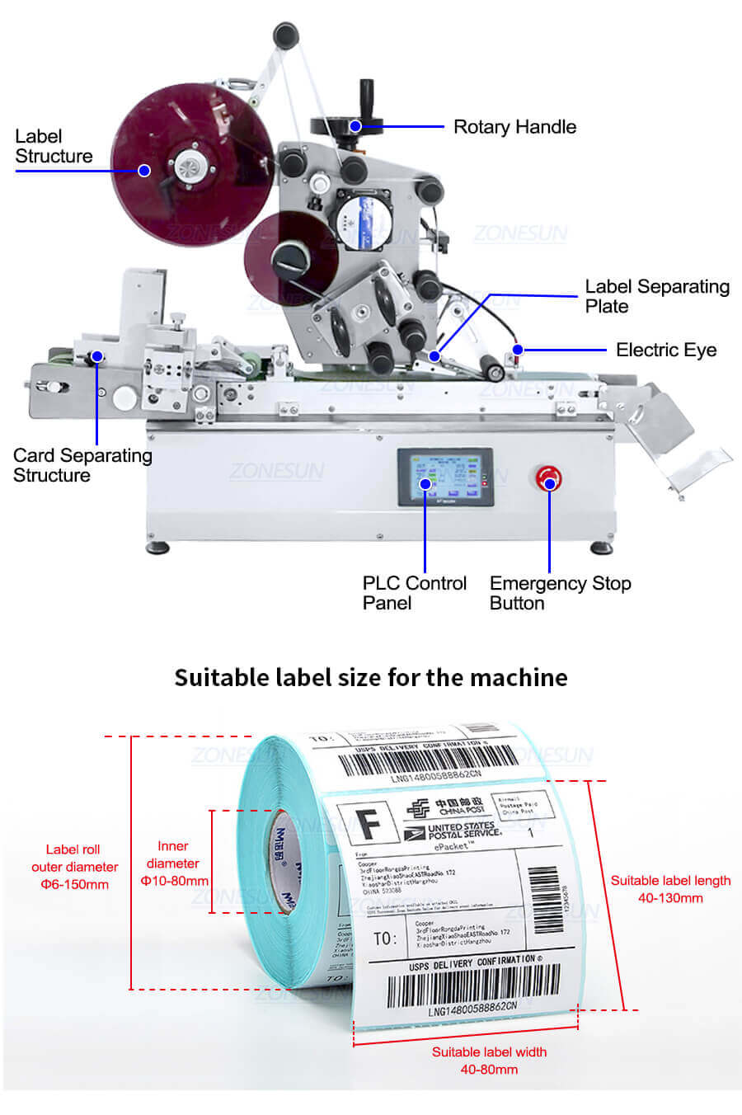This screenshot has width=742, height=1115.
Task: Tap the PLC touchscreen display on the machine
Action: tap(444, 478)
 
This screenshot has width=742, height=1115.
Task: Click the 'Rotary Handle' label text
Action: tap(514, 127)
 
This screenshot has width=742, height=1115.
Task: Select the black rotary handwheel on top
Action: tap(347, 125)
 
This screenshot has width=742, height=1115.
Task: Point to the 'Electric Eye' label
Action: tap(665, 350)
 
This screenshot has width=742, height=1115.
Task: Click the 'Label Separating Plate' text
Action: tap(656, 297)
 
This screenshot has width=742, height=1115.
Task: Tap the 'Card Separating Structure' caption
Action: tap(82, 465)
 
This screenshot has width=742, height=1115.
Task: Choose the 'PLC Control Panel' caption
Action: tap(414, 593)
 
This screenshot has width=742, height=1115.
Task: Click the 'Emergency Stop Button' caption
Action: tap(560, 593)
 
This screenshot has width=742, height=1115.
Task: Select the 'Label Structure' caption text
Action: tap(54, 147)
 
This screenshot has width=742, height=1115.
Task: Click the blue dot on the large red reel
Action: tap(144, 171)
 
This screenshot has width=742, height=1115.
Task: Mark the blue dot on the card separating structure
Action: tap(97, 356)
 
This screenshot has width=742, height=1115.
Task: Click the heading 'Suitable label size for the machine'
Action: tap(371, 678)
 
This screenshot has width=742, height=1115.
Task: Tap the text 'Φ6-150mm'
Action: tap(75, 885)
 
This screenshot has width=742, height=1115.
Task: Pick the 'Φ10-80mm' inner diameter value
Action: tap(173, 881)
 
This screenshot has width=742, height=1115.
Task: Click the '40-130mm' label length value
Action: tap(670, 898)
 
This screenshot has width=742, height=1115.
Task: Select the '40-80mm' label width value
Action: tap(489, 1070)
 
